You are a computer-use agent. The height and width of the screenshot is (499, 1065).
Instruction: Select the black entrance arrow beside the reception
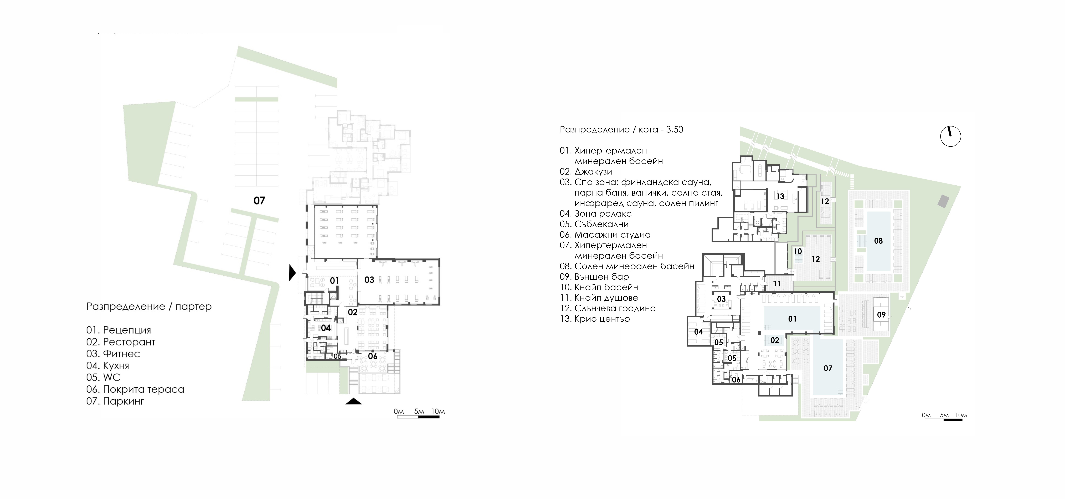[x=293, y=273]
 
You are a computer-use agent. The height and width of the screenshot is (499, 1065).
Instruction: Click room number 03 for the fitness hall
[x=369, y=280]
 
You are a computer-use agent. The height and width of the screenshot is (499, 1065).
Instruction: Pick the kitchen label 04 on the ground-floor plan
[x=326, y=328]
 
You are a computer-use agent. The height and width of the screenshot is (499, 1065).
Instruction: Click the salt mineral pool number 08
[x=878, y=241]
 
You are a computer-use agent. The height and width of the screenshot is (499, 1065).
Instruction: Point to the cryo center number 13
[x=780, y=196]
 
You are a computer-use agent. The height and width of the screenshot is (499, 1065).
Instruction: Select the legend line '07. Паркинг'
[x=115, y=401]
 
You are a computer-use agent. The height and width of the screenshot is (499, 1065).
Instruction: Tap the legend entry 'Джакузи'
[x=593, y=172]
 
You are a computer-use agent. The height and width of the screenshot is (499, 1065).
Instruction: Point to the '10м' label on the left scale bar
[x=438, y=411]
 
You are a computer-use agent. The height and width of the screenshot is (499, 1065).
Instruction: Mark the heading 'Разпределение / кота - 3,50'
[x=621, y=129]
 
